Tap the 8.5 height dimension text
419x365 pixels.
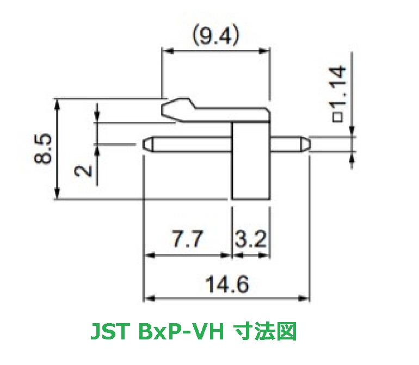pyautogui.click(x=44, y=149)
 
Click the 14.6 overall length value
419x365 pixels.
pyautogui.click(x=227, y=284)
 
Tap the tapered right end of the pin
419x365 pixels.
pyautogui.click(x=306, y=145)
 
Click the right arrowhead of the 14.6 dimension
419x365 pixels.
pyautogui.click(x=306, y=299)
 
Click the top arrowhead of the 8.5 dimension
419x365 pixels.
pyautogui.click(x=57, y=103)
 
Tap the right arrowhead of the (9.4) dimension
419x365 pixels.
pyautogui.click(x=266, y=51)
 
